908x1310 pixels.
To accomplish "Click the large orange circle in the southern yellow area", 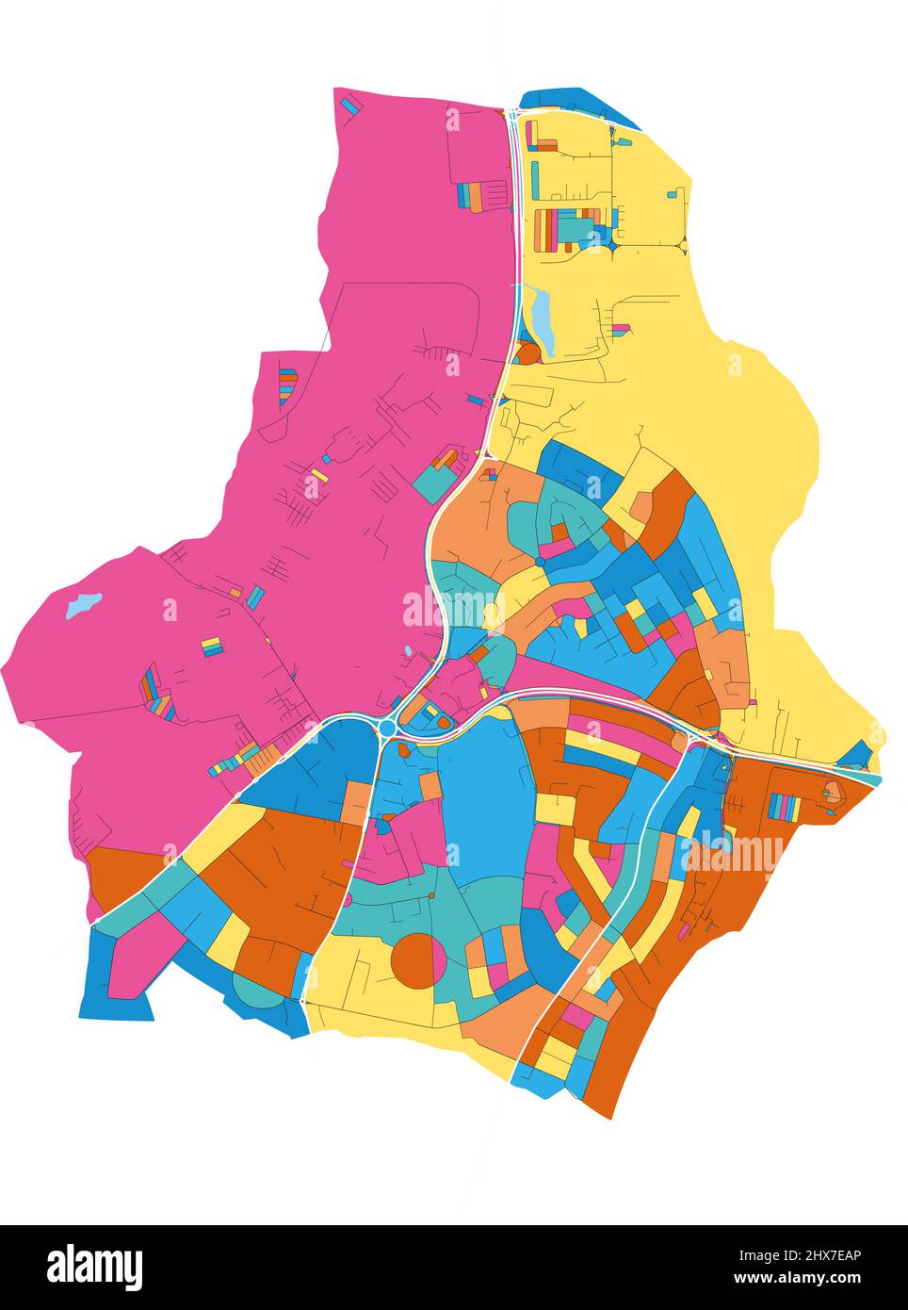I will tap(417, 960).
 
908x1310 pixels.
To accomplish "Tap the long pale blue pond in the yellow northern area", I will tap(543, 317).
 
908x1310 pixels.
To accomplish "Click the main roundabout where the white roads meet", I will tap(387, 728).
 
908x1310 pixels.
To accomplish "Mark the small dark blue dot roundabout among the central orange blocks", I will tap(540, 562).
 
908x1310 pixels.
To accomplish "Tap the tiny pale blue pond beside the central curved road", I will tap(406, 650).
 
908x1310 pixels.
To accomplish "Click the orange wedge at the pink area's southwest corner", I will tap(122, 873).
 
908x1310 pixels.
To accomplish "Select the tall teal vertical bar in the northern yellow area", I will tap(534, 178).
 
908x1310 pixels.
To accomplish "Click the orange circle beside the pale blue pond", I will tap(527, 353).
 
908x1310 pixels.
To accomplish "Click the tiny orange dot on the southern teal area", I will tap(430, 895).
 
